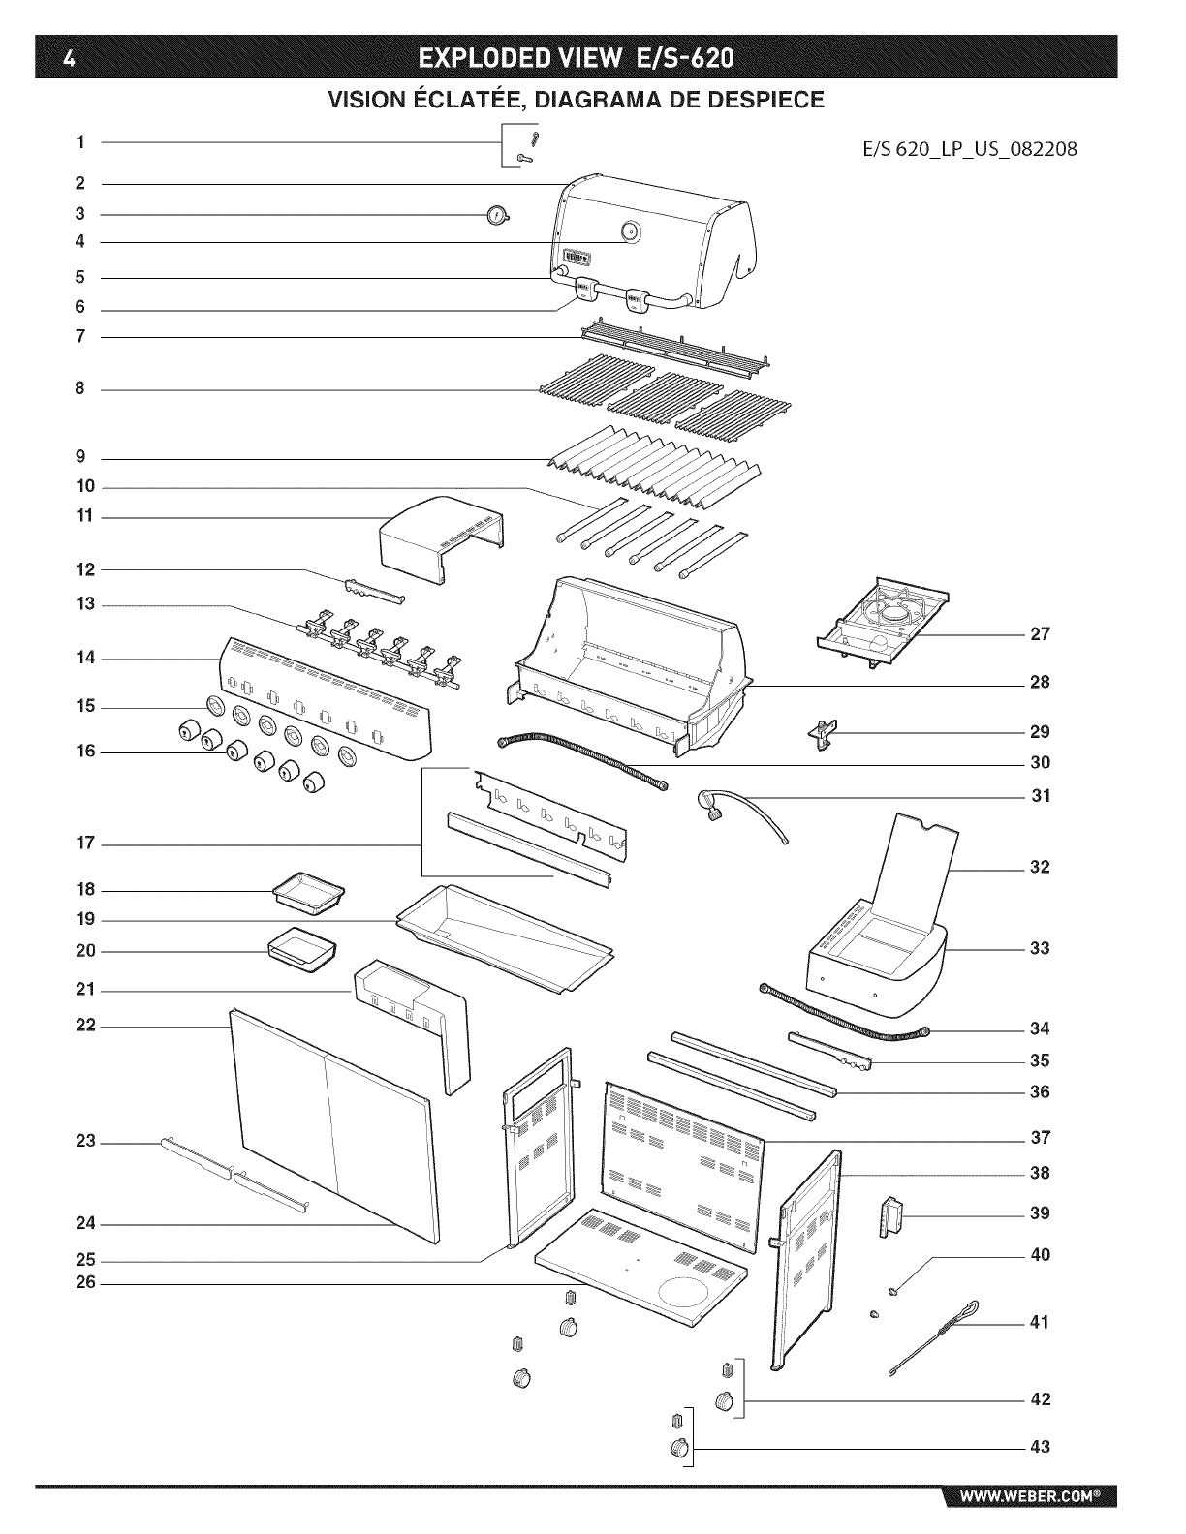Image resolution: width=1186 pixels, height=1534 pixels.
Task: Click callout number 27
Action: click(1040, 634)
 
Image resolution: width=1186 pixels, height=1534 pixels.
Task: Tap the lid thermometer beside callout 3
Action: click(497, 215)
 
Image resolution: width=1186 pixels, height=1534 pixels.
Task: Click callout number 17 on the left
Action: click(86, 844)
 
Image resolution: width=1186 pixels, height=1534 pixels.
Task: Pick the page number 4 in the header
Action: click(67, 59)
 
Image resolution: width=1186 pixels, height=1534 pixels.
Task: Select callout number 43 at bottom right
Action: click(1040, 1448)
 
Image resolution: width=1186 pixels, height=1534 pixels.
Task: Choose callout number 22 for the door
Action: click(86, 1026)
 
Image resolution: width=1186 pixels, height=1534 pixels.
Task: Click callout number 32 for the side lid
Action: click(1040, 867)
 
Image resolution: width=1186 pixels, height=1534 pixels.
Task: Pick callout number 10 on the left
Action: click(86, 487)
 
